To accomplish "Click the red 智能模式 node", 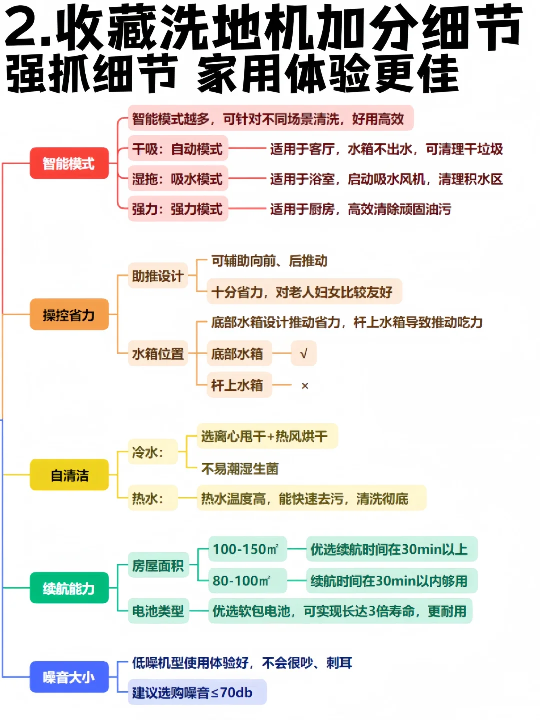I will [x=69, y=163].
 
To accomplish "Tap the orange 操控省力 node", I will [x=69, y=315].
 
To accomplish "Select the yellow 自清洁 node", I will [x=69, y=475].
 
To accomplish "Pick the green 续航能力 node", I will [x=69, y=588].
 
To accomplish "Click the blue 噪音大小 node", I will [x=69, y=677].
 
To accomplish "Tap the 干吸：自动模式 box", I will [x=177, y=149].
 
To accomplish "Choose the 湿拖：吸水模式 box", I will [x=177, y=179].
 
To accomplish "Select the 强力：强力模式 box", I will [x=177, y=209].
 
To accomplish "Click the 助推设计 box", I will [x=157, y=276].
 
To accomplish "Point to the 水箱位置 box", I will [x=157, y=354].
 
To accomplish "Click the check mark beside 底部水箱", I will [x=303, y=354].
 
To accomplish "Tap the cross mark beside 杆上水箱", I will [x=305, y=386].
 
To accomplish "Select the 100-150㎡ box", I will [x=246, y=549].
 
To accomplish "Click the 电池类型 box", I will [x=158, y=611].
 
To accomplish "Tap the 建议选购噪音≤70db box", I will [x=197, y=692].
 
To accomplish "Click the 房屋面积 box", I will [x=158, y=565].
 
